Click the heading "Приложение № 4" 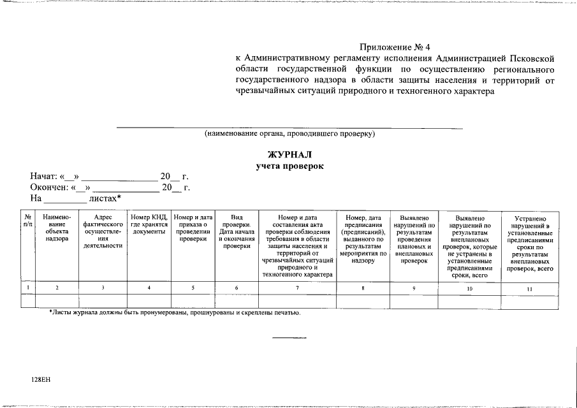click(x=395, y=47)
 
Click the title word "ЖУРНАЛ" click(x=289, y=154)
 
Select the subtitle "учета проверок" click(x=289, y=166)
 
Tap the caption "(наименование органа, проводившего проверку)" click(x=289, y=134)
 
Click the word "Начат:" click(x=43, y=177)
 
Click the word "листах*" click(x=105, y=199)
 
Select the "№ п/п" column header click(x=28, y=221)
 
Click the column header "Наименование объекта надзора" click(x=57, y=228)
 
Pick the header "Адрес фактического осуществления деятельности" click(x=103, y=231)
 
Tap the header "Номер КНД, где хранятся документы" click(x=149, y=224)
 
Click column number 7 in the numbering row click(x=297, y=288)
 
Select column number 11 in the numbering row click(x=530, y=289)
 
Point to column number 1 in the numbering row click(x=28, y=288)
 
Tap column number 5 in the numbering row click(x=193, y=288)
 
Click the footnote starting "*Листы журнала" click(x=174, y=313)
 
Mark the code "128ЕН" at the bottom click(x=40, y=379)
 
